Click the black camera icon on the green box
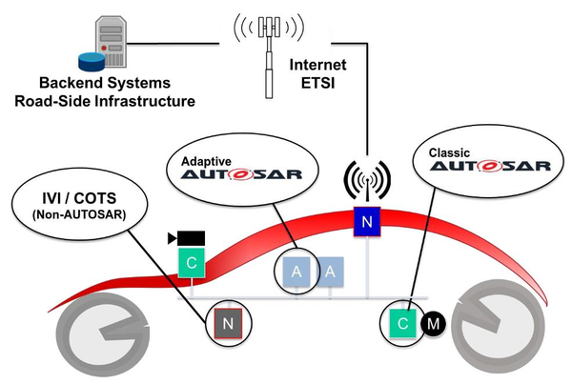pyautogui.click(x=186, y=237)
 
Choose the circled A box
pyautogui.click(x=296, y=273)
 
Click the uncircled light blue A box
pyautogui.click(x=331, y=273)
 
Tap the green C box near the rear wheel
pyautogui.click(x=402, y=325)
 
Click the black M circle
pyautogui.click(x=435, y=325)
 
